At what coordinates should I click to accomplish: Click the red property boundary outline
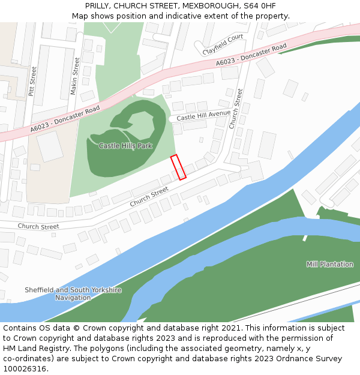click(x=178, y=167)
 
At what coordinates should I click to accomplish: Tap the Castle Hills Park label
click(x=125, y=146)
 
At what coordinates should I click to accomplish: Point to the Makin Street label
click(x=76, y=76)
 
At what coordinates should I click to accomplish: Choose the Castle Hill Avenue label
click(x=203, y=115)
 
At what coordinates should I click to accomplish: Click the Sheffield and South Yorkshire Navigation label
click(x=73, y=293)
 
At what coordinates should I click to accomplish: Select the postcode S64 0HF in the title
click(x=259, y=6)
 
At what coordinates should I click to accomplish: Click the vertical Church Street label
click(x=235, y=109)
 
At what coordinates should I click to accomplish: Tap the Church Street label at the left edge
click(x=38, y=226)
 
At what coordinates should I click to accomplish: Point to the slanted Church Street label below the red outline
click(x=149, y=196)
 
